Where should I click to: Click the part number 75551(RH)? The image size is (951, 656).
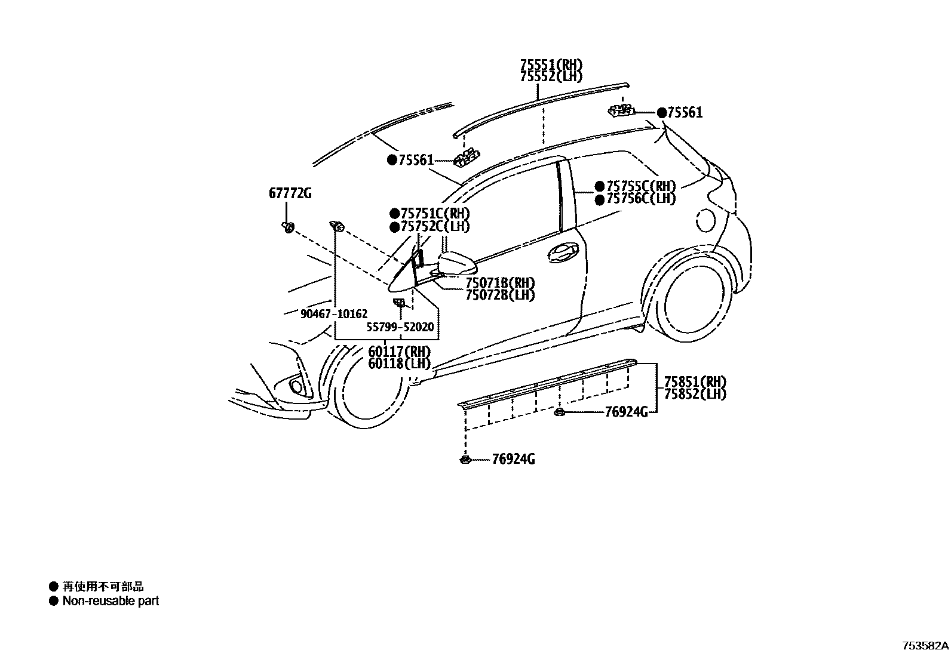coord(551,64)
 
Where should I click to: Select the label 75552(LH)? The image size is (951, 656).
coord(551,76)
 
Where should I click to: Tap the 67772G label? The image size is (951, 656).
coord(290,193)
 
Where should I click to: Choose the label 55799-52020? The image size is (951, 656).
coord(400,328)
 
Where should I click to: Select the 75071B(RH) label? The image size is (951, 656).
coord(500,282)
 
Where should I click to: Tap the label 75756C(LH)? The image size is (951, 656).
coord(641,199)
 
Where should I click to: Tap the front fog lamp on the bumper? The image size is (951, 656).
coord(297,385)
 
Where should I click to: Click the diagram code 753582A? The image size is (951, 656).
coord(925,646)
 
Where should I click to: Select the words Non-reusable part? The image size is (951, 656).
coord(111,601)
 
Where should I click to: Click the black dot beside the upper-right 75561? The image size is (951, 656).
coord(662,113)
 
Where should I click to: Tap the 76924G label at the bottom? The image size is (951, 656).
coord(513,459)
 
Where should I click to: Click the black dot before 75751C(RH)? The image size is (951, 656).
coord(394,214)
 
